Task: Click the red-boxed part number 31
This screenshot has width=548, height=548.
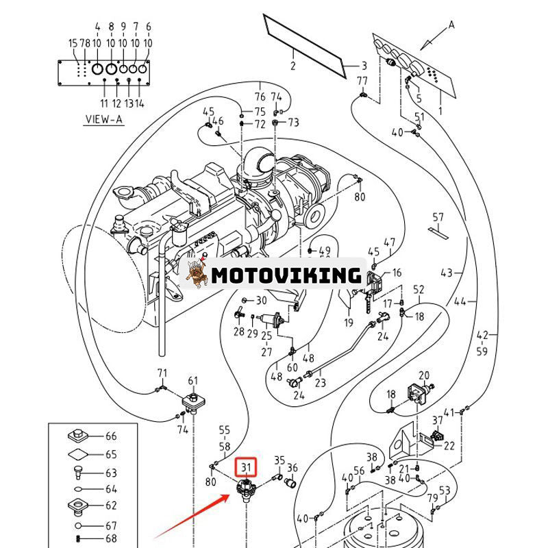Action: point(246,469)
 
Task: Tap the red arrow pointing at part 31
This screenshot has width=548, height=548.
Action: point(192,515)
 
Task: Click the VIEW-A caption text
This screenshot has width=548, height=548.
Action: point(103,119)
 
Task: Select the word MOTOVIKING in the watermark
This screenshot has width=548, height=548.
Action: point(286,275)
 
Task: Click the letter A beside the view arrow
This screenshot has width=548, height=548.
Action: point(451,25)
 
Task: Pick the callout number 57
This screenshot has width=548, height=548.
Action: point(438,218)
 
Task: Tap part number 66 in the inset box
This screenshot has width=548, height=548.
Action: point(111,436)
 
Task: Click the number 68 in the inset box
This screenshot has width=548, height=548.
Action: point(111,538)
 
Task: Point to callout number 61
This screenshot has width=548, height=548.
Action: point(193,381)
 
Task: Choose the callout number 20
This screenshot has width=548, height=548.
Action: point(424,375)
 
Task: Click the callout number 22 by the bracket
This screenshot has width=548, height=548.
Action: point(449,446)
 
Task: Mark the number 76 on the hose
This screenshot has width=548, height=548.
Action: point(260,97)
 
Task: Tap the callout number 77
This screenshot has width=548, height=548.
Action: point(362,82)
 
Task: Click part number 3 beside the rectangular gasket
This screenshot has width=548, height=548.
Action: point(364,66)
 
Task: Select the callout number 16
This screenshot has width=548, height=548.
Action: point(397,273)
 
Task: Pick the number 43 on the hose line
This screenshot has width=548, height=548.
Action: point(447,273)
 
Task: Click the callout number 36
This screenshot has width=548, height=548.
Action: point(292,469)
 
